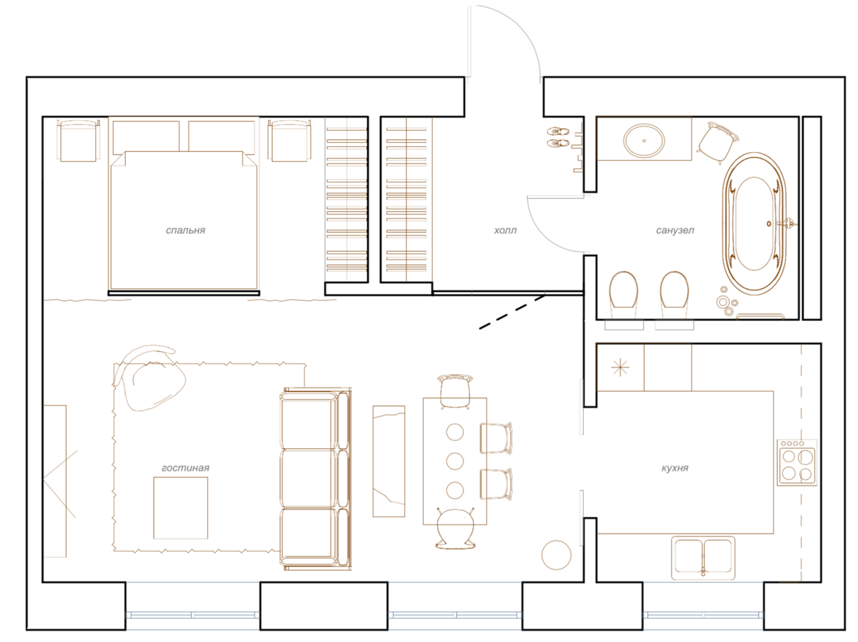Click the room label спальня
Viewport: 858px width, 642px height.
(186, 230)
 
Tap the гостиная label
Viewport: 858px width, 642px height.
(186, 468)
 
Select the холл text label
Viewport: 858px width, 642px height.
(505, 230)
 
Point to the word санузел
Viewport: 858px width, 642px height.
(675, 230)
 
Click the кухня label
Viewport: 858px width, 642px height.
(675, 468)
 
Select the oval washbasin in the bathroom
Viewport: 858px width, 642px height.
(643, 140)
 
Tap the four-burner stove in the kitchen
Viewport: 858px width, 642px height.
(796, 463)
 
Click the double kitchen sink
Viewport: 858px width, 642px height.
(703, 558)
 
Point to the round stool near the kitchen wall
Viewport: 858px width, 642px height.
(556, 555)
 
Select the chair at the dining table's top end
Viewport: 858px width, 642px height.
(455, 391)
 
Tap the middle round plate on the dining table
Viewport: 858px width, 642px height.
(455, 461)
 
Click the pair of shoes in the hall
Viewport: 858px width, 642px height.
(558, 137)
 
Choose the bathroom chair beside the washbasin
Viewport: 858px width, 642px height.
(717, 143)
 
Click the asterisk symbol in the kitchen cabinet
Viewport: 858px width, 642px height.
(620, 367)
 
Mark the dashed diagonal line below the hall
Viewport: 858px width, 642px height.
(512, 312)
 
